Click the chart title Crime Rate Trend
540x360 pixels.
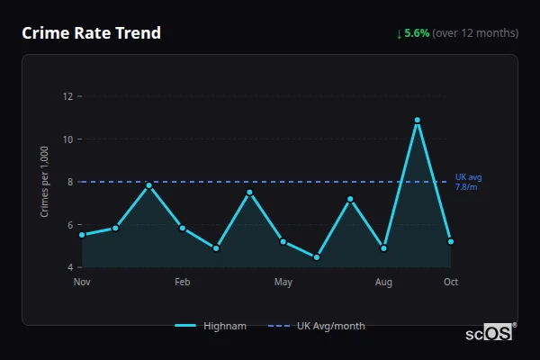click(91, 33)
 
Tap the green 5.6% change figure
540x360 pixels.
click(417, 33)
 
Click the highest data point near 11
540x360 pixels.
click(418, 120)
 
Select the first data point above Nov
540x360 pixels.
click(82, 235)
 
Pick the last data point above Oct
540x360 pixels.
click(451, 241)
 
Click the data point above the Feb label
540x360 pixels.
click(183, 229)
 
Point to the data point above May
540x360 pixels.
click(283, 241)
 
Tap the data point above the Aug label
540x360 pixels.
click(384, 248)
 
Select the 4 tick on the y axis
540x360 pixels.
click(69, 267)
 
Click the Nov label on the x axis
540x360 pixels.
click(82, 283)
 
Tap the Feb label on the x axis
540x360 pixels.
click(183, 283)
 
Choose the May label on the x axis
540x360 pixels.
click(283, 283)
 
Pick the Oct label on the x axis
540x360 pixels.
click(451, 283)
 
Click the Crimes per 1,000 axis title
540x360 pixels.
click(44, 182)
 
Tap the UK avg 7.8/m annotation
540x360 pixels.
click(468, 182)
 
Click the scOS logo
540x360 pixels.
click(489, 333)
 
